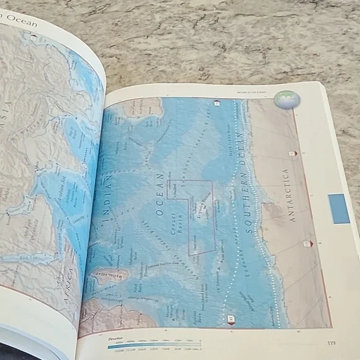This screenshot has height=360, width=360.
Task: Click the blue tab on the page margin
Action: click(x=339, y=209)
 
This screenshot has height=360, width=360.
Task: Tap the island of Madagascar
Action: click(x=106, y=274)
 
